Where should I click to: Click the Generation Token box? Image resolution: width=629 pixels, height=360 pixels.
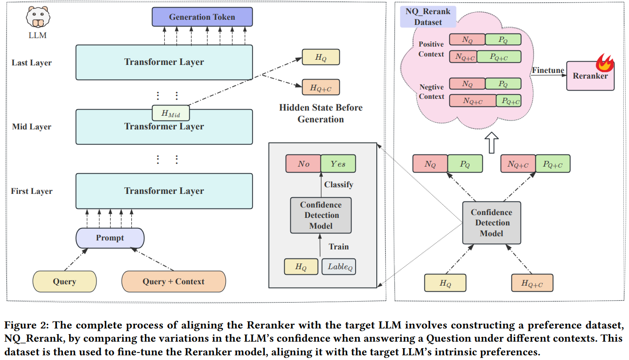tap(202, 17)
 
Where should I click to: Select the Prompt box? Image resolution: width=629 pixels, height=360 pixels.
tap(110, 238)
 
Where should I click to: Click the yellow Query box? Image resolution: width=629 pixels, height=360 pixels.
tap(64, 281)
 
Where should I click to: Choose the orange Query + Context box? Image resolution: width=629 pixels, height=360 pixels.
tap(173, 281)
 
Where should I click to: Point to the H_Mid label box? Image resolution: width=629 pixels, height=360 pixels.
tap(169, 113)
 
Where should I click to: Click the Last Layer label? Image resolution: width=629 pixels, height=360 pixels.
tap(32, 63)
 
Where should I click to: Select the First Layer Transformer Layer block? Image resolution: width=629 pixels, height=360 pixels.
tap(164, 191)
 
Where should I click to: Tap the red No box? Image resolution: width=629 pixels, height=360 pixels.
tap(303, 164)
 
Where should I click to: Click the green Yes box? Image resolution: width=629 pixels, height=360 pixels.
tap(338, 164)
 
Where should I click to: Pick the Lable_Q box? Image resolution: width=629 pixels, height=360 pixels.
tap(338, 267)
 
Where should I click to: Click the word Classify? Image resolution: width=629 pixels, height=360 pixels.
tap(339, 184)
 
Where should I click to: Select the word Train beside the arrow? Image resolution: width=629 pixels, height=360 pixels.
tap(339, 247)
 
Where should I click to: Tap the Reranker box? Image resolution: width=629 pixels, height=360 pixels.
tap(590, 76)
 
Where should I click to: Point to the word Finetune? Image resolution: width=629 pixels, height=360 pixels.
tap(548, 71)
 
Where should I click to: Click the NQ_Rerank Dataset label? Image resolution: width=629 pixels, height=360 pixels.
tap(428, 17)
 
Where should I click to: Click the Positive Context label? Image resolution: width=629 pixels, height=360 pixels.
tap(431, 49)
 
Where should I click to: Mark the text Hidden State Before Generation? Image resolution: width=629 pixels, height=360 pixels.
tap(321, 113)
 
